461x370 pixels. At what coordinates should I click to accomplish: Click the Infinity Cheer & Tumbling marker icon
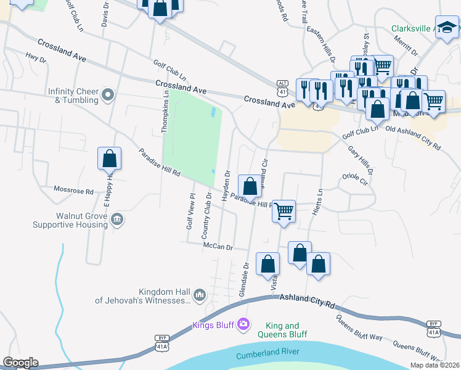pos(108,95)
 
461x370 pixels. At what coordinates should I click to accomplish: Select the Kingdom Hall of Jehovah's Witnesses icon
pos(199,297)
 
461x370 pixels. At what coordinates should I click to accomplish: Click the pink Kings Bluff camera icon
pos(244,324)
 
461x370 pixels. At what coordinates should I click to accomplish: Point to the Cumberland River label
pos(268,353)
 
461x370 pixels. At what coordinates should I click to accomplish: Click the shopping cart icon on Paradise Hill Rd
pos(284,211)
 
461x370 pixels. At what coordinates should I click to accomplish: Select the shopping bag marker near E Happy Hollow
pos(109,158)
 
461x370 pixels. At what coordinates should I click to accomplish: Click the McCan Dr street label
pos(218,247)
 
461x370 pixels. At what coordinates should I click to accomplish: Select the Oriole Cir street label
pos(354,179)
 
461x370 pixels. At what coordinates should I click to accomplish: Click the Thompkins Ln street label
pos(165,111)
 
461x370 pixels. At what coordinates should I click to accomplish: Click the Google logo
pos(20,363)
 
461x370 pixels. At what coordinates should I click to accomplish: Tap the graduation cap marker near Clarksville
pos(446,28)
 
